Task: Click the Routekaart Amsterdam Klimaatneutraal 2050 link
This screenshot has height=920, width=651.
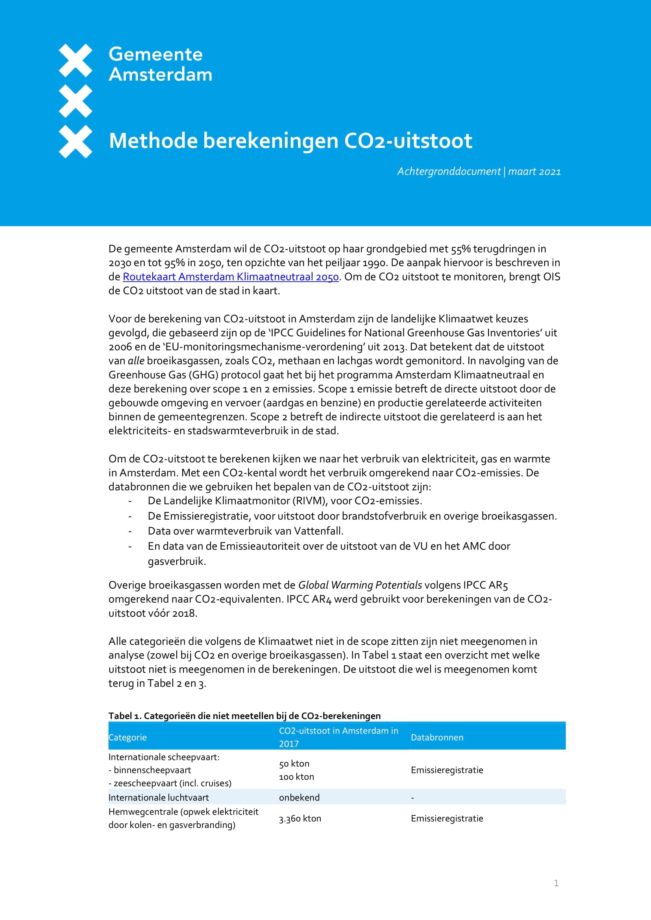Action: point(231,277)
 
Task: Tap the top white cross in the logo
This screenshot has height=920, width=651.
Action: point(75,61)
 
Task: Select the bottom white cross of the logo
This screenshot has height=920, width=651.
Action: point(75,142)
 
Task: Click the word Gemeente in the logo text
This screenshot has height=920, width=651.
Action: point(155,55)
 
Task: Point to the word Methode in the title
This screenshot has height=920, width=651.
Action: point(153,141)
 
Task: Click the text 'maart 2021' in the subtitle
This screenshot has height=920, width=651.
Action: point(534,171)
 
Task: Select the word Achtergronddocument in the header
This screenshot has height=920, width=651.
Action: point(449,171)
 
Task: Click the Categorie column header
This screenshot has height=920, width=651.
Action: point(128,737)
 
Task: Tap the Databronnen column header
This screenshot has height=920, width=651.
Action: point(437,737)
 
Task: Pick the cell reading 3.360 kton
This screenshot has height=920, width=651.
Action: point(300,819)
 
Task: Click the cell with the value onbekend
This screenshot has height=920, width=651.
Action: point(299,797)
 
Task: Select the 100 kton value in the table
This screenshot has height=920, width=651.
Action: point(296,776)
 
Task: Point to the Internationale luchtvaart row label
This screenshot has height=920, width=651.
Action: point(158,797)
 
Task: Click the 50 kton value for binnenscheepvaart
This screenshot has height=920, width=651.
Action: point(294,764)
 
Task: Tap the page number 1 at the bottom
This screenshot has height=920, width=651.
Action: point(556,883)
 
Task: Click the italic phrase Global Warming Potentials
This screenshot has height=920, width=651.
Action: point(360,585)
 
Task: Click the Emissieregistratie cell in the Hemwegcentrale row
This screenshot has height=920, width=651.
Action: point(447,819)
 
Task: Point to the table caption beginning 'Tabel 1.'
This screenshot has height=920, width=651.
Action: point(244,715)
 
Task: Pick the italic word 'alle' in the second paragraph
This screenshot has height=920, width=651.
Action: point(136,361)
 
